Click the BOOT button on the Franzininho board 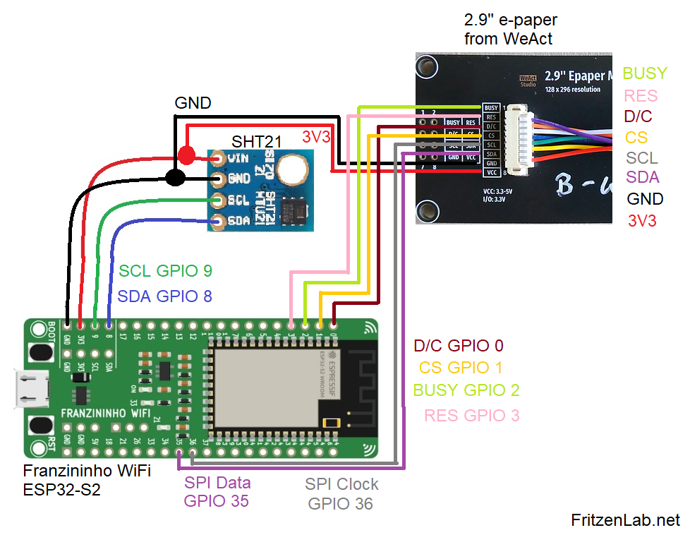click(x=41, y=351)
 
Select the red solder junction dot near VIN click(x=186, y=155)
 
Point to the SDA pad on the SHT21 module click(x=217, y=222)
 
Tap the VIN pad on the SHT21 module click(x=217, y=159)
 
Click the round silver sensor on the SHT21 click(x=291, y=168)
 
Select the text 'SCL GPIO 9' click(x=165, y=271)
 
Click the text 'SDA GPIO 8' click(x=164, y=296)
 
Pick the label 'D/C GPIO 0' click(x=459, y=346)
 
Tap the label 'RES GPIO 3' click(x=471, y=416)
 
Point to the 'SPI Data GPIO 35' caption click(x=217, y=492)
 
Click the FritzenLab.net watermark click(x=625, y=520)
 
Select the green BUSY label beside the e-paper click(x=645, y=73)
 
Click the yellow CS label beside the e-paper click(x=636, y=137)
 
